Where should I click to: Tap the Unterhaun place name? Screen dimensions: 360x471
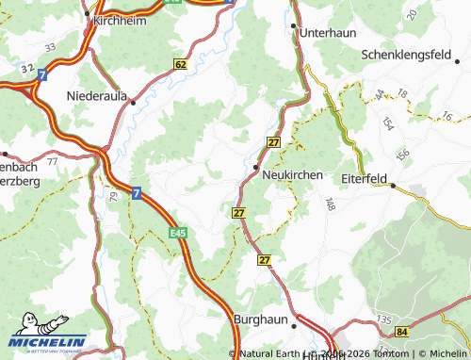tap(327, 32)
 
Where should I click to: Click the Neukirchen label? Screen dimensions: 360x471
tap(293, 175)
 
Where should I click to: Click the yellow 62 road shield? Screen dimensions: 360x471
tap(181, 64)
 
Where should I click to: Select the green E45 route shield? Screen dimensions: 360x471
tap(179, 230)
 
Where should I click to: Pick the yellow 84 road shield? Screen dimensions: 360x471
tap(403, 332)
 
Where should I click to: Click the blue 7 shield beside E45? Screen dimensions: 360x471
tap(137, 192)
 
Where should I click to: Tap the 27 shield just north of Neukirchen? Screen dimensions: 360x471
tap(273, 141)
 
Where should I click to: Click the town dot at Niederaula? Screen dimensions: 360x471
tap(133, 102)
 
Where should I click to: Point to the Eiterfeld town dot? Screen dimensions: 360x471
tap(394, 186)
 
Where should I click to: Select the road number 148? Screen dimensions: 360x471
tap(330, 204)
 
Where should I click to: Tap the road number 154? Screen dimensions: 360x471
tap(387, 124)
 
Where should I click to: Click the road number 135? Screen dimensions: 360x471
tap(384, 319)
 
